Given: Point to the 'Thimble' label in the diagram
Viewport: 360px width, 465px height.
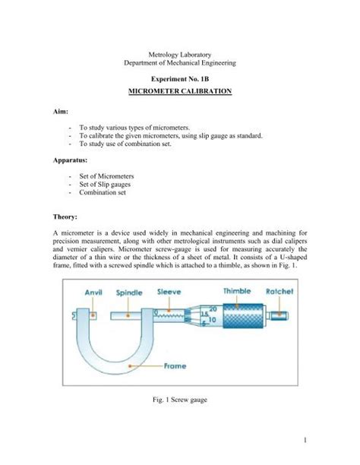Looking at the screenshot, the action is [x=238, y=291].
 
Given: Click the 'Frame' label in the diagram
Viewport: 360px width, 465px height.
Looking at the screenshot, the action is [x=176, y=365].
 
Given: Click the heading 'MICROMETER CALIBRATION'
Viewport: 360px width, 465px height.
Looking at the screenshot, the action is [x=179, y=90].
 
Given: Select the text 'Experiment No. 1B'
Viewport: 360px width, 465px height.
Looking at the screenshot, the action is [x=180, y=77].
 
